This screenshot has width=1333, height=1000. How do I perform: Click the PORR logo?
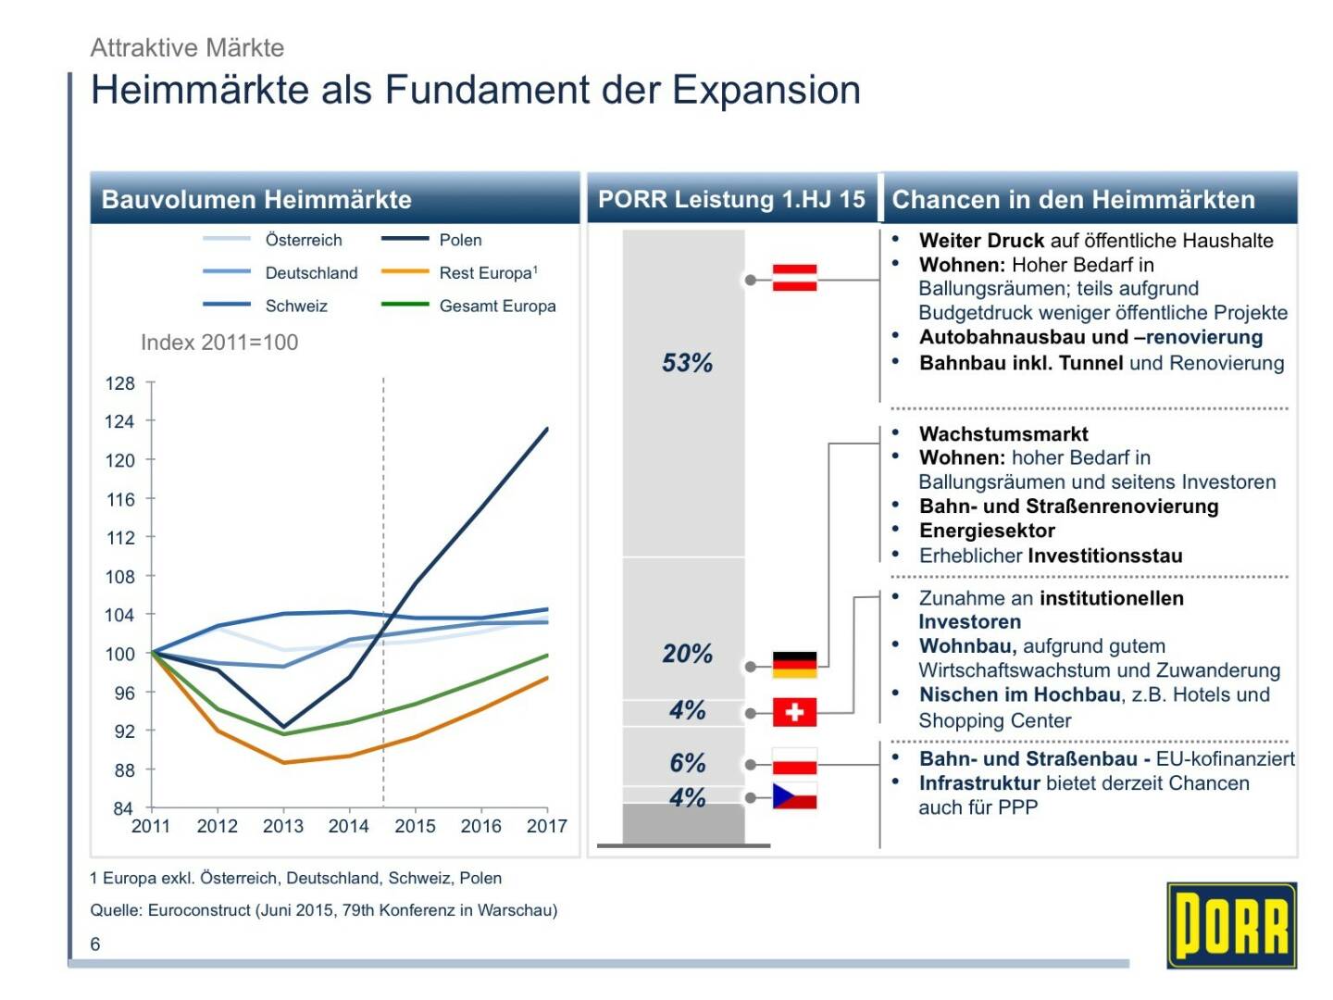[1231, 925]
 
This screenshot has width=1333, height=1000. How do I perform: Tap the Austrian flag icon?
[794, 278]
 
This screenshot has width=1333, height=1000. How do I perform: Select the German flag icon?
[794, 665]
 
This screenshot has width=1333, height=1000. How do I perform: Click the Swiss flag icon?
[794, 712]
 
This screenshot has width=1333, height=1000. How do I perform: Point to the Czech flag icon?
[794, 796]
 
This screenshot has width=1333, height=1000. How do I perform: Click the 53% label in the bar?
[687, 363]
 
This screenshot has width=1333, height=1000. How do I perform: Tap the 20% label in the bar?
[687, 654]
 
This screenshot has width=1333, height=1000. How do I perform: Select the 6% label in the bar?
[687, 763]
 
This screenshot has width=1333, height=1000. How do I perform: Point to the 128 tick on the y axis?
[119, 383]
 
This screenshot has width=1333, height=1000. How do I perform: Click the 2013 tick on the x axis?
[283, 826]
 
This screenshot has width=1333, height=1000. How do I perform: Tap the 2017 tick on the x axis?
[546, 826]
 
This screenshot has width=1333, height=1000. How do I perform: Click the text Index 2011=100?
[219, 343]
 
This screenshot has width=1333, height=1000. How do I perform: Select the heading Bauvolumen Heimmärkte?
[256, 199]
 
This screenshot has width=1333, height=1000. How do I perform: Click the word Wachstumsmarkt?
[1003, 433]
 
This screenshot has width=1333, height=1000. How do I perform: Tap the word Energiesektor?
[987, 531]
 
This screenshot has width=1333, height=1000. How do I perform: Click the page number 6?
[95, 944]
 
